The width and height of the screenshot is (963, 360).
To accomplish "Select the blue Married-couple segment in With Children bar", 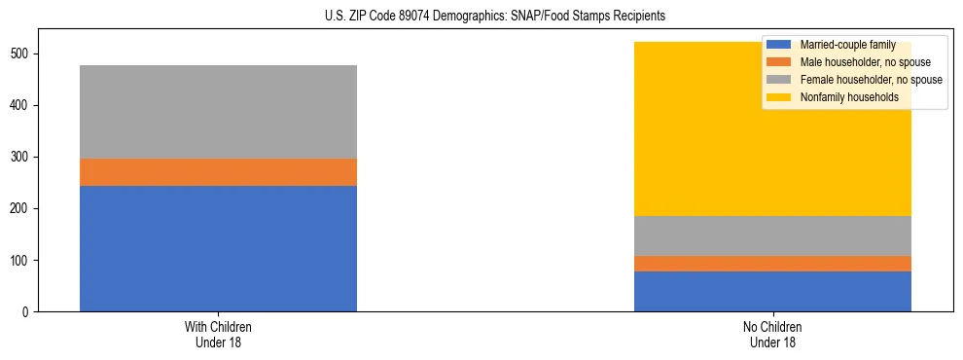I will (x=218, y=248).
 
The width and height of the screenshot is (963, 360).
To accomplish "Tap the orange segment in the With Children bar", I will (x=218, y=172).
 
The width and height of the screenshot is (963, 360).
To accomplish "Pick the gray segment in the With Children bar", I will (x=218, y=112).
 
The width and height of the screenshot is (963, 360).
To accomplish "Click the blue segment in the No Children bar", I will (x=772, y=291).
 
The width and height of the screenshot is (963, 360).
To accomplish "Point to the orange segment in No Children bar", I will (x=772, y=264).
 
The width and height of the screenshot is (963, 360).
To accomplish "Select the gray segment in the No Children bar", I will (x=772, y=235).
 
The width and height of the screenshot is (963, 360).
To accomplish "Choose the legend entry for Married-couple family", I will (x=846, y=45).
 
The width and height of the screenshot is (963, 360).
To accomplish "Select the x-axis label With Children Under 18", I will (x=218, y=334).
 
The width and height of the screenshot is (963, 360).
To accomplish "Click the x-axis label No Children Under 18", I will (x=772, y=334).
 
